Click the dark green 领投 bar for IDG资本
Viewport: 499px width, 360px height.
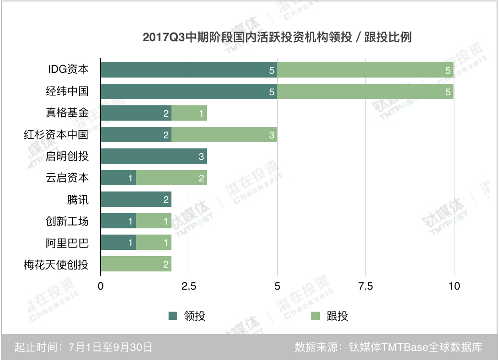click(x=189, y=70)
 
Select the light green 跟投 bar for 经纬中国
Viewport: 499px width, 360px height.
click(x=365, y=91)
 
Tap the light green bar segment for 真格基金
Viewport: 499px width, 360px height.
click(x=189, y=113)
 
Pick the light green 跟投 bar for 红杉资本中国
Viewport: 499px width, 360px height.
click(x=224, y=135)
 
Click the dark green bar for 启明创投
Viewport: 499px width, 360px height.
click(x=153, y=156)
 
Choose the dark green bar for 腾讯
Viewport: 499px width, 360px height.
click(x=136, y=199)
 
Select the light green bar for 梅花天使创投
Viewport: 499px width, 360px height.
click(x=136, y=264)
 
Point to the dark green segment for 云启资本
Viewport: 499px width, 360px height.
click(x=118, y=178)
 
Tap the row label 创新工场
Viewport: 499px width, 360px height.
click(x=67, y=221)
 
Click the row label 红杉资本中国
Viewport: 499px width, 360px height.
click(x=57, y=135)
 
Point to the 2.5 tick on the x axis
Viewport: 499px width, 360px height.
click(x=189, y=286)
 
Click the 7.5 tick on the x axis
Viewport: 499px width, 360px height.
click(x=365, y=286)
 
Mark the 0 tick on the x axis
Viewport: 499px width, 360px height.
click(x=101, y=286)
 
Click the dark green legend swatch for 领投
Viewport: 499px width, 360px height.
click(x=173, y=315)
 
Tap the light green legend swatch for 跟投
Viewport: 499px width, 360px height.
click(x=316, y=315)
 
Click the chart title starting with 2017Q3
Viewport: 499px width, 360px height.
click(x=277, y=37)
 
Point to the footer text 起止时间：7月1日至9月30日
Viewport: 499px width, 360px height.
click(x=84, y=347)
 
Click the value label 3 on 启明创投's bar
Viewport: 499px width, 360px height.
click(x=202, y=157)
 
